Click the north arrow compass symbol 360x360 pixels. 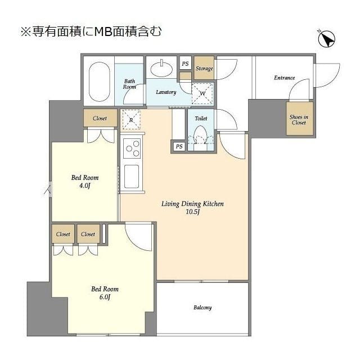[326, 39]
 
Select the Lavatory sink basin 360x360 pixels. [163, 70]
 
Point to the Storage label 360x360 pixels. [204, 69]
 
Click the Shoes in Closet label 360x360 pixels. [299, 119]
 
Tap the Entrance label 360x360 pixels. [284, 78]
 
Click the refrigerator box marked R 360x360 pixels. [131, 120]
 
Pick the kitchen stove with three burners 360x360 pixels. [133, 149]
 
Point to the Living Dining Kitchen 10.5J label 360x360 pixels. [185, 208]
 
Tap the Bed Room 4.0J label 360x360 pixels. [84, 182]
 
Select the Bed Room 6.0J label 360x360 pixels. [105, 292]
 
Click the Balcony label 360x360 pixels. [202, 308]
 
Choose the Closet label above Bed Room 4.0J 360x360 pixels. [100, 119]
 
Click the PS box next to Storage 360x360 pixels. [185, 64]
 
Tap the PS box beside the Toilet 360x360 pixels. [178, 147]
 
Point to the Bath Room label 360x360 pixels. [130, 84]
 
